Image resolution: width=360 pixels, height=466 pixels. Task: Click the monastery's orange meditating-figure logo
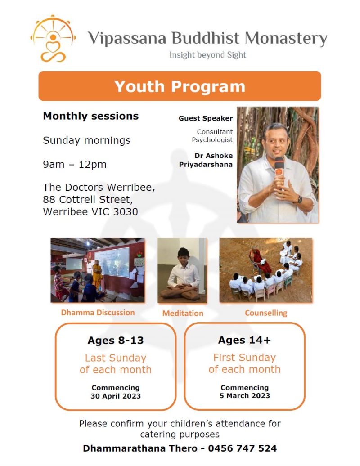coord(53,39)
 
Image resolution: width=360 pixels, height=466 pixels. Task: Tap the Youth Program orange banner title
coord(180,86)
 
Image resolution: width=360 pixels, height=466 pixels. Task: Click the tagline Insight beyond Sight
coord(208,55)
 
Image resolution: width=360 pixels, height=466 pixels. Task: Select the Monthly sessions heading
coord(90,116)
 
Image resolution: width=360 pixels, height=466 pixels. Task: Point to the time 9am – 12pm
coord(75,164)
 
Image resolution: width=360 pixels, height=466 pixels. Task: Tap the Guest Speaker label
coord(206,118)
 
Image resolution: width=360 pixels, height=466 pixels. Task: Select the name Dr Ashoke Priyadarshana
coord(206,160)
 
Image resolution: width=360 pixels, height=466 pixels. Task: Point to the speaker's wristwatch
coord(299,199)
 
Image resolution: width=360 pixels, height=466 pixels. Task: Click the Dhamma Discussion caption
coord(98,313)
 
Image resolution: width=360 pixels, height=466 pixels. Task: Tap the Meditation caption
coord(183,313)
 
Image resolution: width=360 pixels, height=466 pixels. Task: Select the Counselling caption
coord(266,313)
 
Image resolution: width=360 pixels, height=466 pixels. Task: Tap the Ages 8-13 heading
coord(116,341)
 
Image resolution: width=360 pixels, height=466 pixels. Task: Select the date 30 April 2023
coord(116,396)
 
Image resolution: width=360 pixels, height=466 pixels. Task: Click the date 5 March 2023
coord(245,395)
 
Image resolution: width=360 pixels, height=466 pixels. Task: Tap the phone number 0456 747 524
coord(242,448)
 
